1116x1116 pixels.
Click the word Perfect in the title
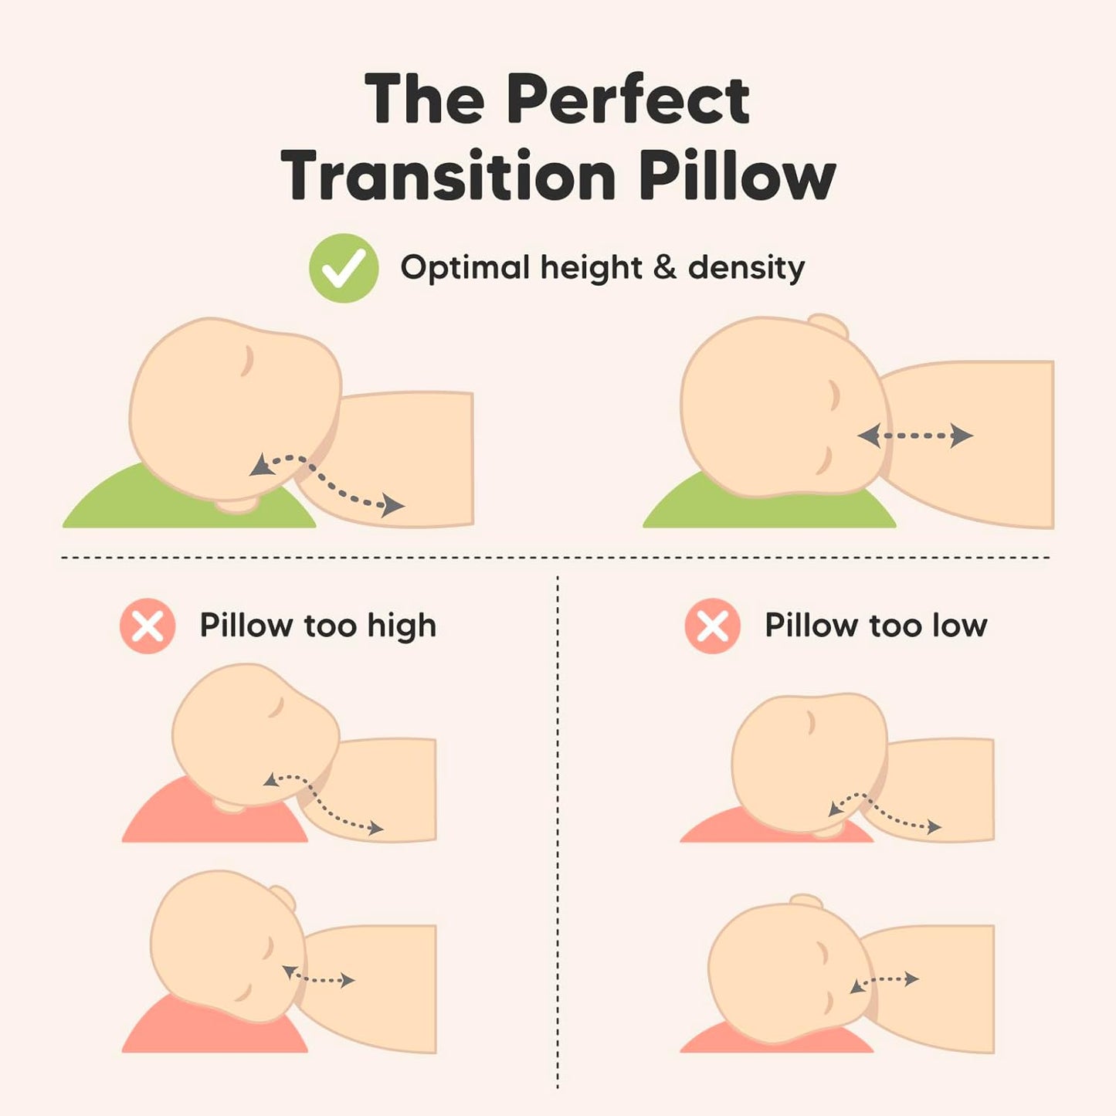627,100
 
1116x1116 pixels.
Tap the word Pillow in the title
737,176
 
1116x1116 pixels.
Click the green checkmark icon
344,268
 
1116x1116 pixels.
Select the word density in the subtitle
746,268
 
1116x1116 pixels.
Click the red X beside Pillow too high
148,626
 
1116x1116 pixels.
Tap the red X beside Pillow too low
712,626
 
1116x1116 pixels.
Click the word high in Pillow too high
402,626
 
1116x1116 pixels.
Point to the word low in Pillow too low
959,626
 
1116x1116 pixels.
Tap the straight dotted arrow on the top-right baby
915,436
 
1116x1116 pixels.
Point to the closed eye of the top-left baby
247,361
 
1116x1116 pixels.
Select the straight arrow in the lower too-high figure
318,978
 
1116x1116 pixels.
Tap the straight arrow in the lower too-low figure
884,982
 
